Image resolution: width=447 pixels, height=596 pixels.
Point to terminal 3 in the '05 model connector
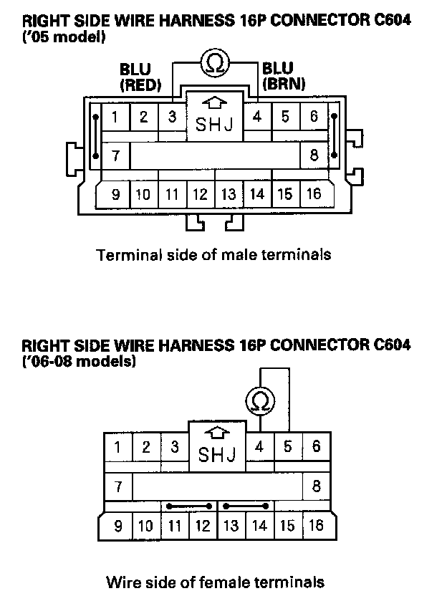point(172,117)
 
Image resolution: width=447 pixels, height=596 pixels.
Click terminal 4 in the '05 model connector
point(257,117)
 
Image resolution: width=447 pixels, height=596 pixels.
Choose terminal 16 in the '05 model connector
point(313,193)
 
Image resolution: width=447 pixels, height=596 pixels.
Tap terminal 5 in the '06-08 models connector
point(287,447)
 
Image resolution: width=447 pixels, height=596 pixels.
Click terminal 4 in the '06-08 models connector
point(259,447)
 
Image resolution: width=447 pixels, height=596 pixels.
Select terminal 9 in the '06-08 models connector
point(118,527)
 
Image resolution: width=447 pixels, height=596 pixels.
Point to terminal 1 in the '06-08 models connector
point(118,447)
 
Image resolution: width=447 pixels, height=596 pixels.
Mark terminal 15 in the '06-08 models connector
point(287,527)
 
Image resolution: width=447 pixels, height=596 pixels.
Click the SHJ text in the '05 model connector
point(214,126)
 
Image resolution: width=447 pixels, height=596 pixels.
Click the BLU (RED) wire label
point(140,77)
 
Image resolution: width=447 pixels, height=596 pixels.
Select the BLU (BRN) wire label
point(284,75)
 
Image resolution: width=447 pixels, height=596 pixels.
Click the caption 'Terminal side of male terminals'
point(214,254)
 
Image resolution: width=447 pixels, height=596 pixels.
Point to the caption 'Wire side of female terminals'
point(215,582)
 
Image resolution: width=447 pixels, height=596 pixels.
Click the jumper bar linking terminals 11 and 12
point(188,506)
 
